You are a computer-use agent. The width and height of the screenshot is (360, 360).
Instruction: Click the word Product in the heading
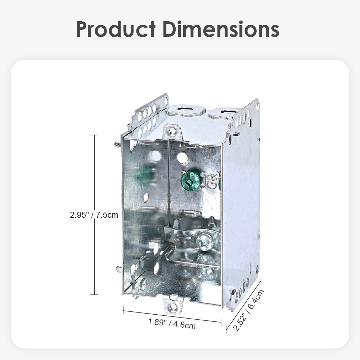point(116,29)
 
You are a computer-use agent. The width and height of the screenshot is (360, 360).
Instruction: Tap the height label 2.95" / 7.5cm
point(94,215)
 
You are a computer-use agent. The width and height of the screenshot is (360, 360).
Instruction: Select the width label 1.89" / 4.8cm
point(172,324)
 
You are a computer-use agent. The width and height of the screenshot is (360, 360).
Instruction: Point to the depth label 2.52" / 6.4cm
point(248,310)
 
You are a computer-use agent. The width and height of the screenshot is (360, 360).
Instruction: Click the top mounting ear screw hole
point(171,131)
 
